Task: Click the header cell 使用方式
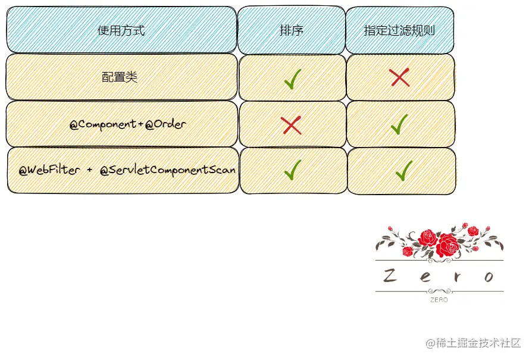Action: tap(121, 30)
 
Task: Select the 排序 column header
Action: tap(292, 30)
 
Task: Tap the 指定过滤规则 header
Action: tap(399, 30)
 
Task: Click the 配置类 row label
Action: tap(120, 77)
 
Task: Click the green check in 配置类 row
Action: tap(292, 78)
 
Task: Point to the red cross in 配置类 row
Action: tap(399, 77)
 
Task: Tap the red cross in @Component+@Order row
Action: tap(291, 125)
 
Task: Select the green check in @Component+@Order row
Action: tap(399, 124)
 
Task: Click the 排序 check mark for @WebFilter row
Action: tap(292, 170)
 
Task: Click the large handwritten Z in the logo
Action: tap(390, 276)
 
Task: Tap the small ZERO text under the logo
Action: tap(439, 300)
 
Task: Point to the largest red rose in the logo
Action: tap(447, 244)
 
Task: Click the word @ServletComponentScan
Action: tap(168, 170)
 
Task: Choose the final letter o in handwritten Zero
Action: tap(489, 277)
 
